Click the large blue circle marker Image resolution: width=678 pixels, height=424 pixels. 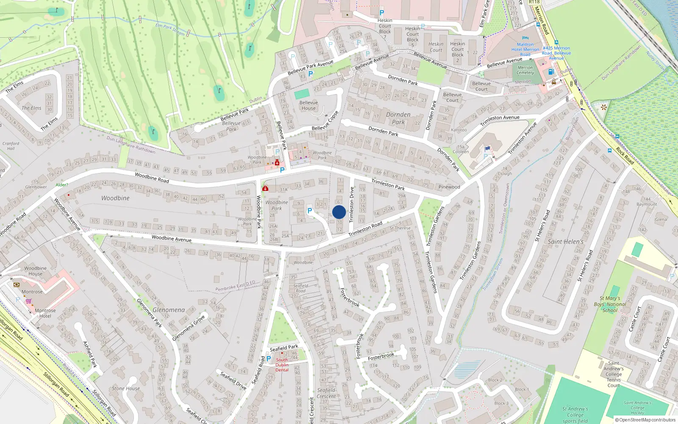tap(339, 212)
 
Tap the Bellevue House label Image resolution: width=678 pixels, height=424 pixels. tap(308, 106)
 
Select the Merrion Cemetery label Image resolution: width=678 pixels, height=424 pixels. tap(525, 70)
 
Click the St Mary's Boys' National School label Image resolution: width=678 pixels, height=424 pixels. tap(610, 304)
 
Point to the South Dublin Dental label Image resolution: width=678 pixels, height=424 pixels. tap(282, 365)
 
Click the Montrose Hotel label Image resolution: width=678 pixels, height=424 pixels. tap(45, 313)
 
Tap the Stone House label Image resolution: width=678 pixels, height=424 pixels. tap(125, 388)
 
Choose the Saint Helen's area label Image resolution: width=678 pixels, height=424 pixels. tap(565, 242)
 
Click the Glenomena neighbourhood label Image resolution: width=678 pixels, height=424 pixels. tap(169, 310)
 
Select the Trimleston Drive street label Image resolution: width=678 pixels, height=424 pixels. tap(351, 205)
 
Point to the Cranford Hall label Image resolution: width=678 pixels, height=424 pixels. tap(11, 146)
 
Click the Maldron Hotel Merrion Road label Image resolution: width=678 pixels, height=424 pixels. tap(525, 49)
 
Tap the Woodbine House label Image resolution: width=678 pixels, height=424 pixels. tap(36, 271)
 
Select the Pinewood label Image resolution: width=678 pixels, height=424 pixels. tap(449, 187)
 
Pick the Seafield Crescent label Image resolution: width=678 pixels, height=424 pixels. tap(326, 393)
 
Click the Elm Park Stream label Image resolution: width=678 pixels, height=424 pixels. tap(170, 29)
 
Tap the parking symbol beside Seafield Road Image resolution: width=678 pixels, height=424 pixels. tap(268, 359)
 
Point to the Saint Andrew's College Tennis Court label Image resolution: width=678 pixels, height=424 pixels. tap(613, 374)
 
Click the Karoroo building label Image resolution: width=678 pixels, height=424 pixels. tap(459, 130)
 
